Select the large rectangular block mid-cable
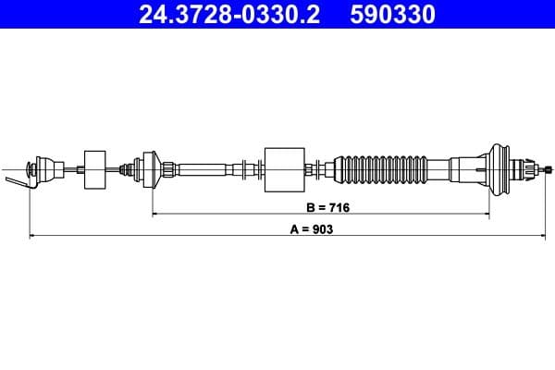[285, 168]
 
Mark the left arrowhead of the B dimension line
[154, 214]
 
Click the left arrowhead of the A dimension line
[33, 237]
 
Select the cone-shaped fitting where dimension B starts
[150, 168]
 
